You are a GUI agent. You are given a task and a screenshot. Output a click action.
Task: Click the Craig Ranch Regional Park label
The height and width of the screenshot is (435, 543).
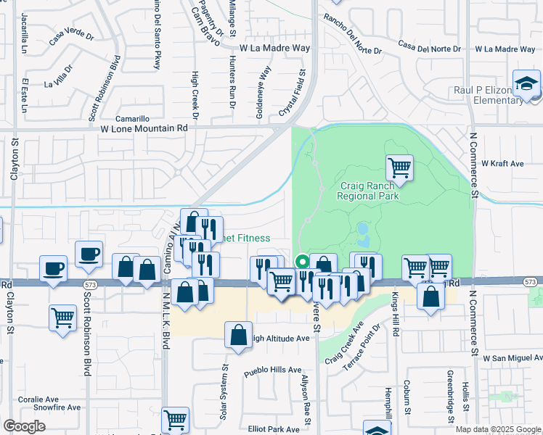click(x=370, y=191)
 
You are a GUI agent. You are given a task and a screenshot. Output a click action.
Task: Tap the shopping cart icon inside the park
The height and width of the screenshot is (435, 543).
click(x=399, y=168)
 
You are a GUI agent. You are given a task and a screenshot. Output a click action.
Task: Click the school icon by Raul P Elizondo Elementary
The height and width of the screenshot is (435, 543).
click(x=526, y=83)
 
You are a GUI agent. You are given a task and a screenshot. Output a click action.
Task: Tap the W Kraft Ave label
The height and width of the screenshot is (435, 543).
click(x=502, y=164)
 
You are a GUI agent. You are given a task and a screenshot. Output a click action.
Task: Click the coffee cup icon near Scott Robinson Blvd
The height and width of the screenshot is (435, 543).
click(x=89, y=254)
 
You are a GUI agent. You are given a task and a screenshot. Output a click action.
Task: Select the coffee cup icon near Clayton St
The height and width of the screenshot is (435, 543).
click(x=53, y=268)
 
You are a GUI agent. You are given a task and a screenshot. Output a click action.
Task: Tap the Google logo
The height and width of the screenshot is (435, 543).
click(x=25, y=426)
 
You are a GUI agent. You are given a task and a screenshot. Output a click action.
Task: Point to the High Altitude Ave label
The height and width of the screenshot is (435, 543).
click(x=280, y=339)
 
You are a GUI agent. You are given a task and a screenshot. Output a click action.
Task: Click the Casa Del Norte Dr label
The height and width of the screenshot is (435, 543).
click(x=429, y=47)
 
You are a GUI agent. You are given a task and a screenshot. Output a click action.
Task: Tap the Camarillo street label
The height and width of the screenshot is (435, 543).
click(x=133, y=118)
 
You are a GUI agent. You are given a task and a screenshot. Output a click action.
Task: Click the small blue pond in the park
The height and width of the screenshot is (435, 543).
click(x=362, y=233)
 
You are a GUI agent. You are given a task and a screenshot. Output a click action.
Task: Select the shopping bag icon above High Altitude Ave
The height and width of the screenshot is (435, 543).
click(x=238, y=336)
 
